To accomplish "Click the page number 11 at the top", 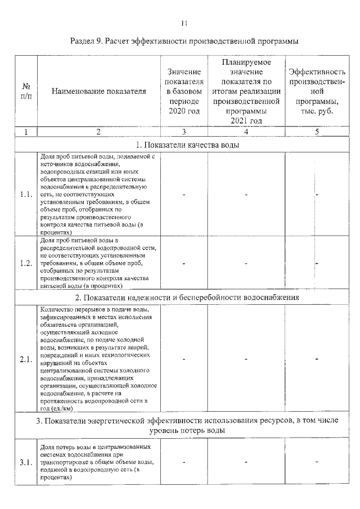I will tap(183, 22).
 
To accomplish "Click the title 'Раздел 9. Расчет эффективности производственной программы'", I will tap(183, 42).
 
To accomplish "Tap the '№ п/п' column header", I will tap(26, 91).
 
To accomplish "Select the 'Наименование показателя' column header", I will tap(98, 91).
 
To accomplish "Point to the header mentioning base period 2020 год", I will tap(184, 91).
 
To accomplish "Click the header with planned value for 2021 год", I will tap(246, 91).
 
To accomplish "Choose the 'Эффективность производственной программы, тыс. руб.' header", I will tap(317, 91).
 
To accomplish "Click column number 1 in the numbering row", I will tap(26, 132).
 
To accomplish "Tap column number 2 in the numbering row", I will tap(98, 132).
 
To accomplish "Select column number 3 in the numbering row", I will tap(184, 132).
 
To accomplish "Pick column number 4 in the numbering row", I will tap(246, 132).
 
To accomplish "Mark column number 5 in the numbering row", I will tap(317, 132).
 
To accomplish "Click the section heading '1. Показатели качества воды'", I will tap(184, 145).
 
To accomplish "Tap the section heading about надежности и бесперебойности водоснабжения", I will tap(184, 297).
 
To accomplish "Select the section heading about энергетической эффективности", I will tap(184, 425).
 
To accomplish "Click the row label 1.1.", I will tap(26, 195).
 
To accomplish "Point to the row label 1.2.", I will tap(26, 263).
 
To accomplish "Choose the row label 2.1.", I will tap(26, 360).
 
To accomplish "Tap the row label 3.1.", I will tap(26, 462).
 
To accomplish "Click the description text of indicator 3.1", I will tap(97, 462).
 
